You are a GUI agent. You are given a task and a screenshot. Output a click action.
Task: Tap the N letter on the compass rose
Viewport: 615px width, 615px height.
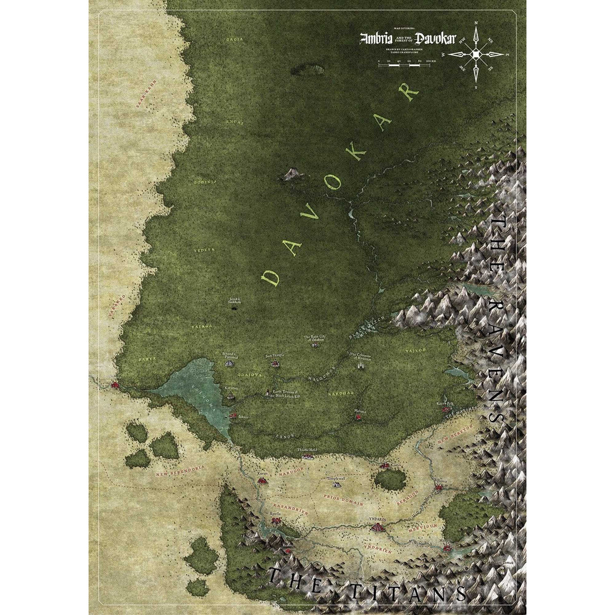[476, 24]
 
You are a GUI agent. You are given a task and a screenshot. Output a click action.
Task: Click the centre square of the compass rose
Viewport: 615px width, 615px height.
[476, 54]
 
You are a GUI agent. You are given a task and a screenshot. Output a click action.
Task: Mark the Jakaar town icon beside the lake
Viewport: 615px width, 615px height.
[233, 416]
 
